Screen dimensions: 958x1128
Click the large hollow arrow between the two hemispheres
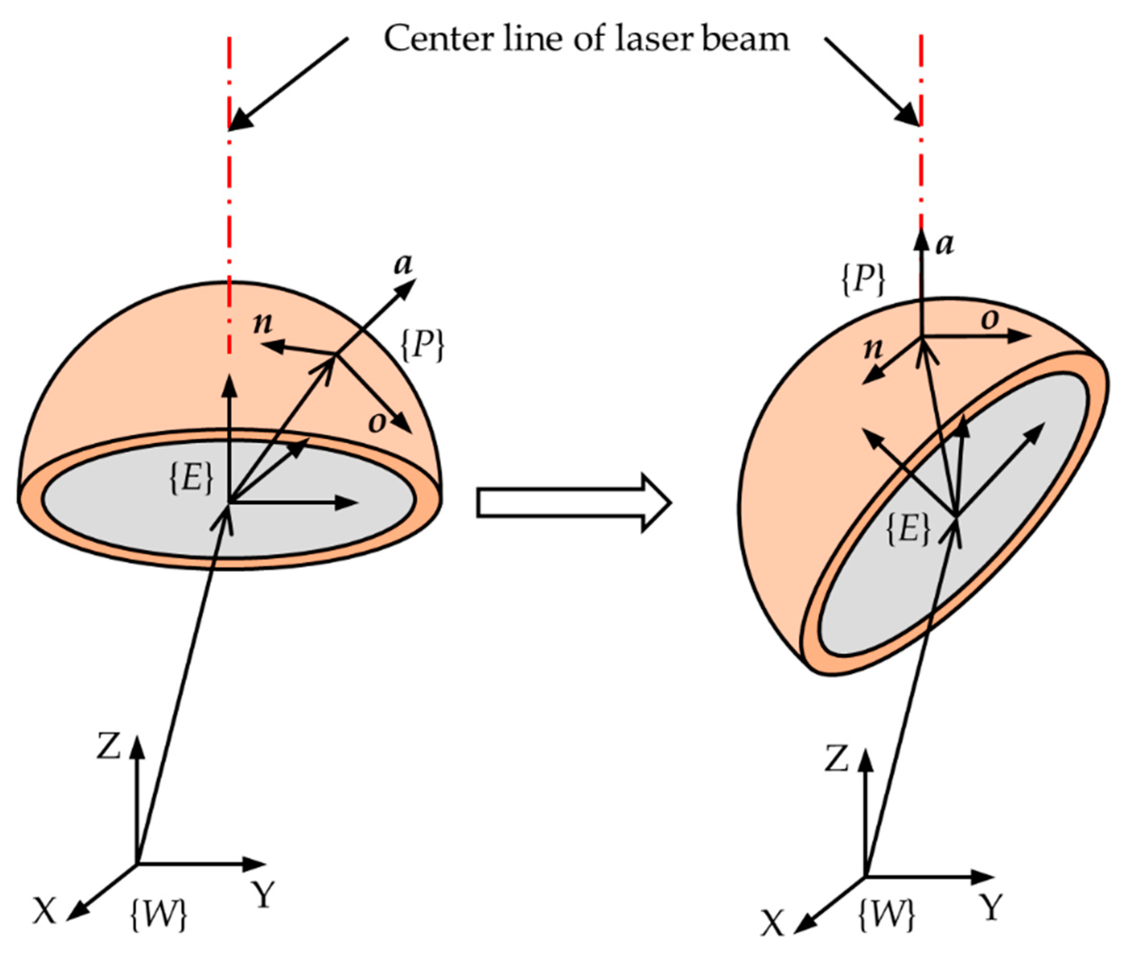click(x=573, y=502)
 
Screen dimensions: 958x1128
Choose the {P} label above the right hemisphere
click(x=863, y=280)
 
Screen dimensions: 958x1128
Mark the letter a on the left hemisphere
click(x=403, y=265)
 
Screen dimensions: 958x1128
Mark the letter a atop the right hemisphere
click(x=945, y=245)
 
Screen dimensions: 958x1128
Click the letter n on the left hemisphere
click(x=263, y=323)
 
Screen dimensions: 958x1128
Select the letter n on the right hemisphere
click(x=873, y=348)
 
